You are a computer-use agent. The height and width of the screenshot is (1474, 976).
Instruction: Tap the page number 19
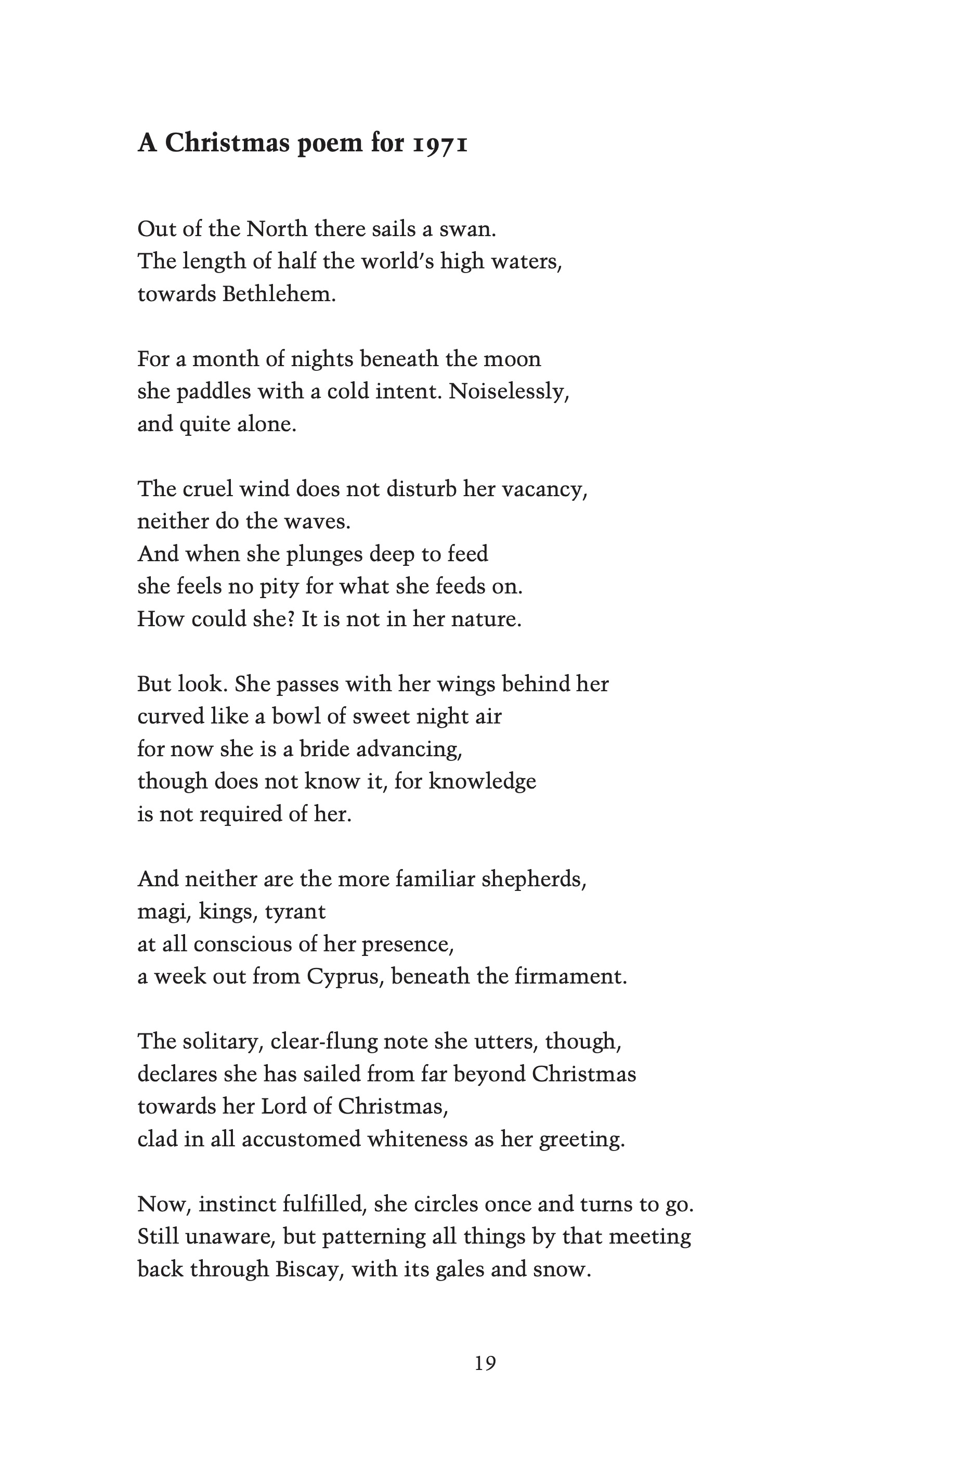tap(486, 1363)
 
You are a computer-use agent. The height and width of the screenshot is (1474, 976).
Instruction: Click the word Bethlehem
tap(279, 294)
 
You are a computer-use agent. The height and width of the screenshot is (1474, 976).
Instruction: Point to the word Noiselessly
tap(509, 392)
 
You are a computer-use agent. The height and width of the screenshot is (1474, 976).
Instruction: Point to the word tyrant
tap(295, 911)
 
